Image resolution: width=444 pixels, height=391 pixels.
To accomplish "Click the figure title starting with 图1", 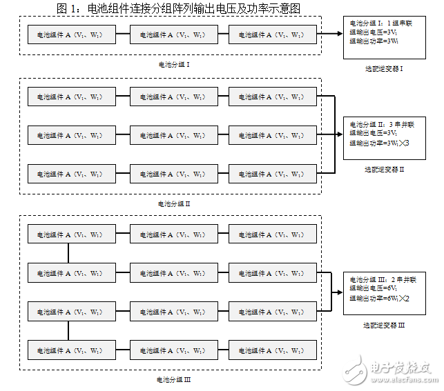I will pos(177,8).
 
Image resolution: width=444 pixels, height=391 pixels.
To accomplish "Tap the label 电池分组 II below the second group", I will pos(174,203).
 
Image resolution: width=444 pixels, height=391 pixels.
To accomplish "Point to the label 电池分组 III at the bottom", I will pos(174,379).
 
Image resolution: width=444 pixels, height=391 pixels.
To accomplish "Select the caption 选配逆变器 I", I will pos(384,68).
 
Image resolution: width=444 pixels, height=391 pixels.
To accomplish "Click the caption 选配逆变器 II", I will pos(384,169).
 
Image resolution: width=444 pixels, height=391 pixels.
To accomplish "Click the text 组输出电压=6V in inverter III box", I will pos(374,289).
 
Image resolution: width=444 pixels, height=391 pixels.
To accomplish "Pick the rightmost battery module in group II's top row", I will pos(272,97).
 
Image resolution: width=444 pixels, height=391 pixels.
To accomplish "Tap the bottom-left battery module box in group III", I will pos(71,350).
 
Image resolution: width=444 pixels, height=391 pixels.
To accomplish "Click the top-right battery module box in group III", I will pos(272,234).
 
